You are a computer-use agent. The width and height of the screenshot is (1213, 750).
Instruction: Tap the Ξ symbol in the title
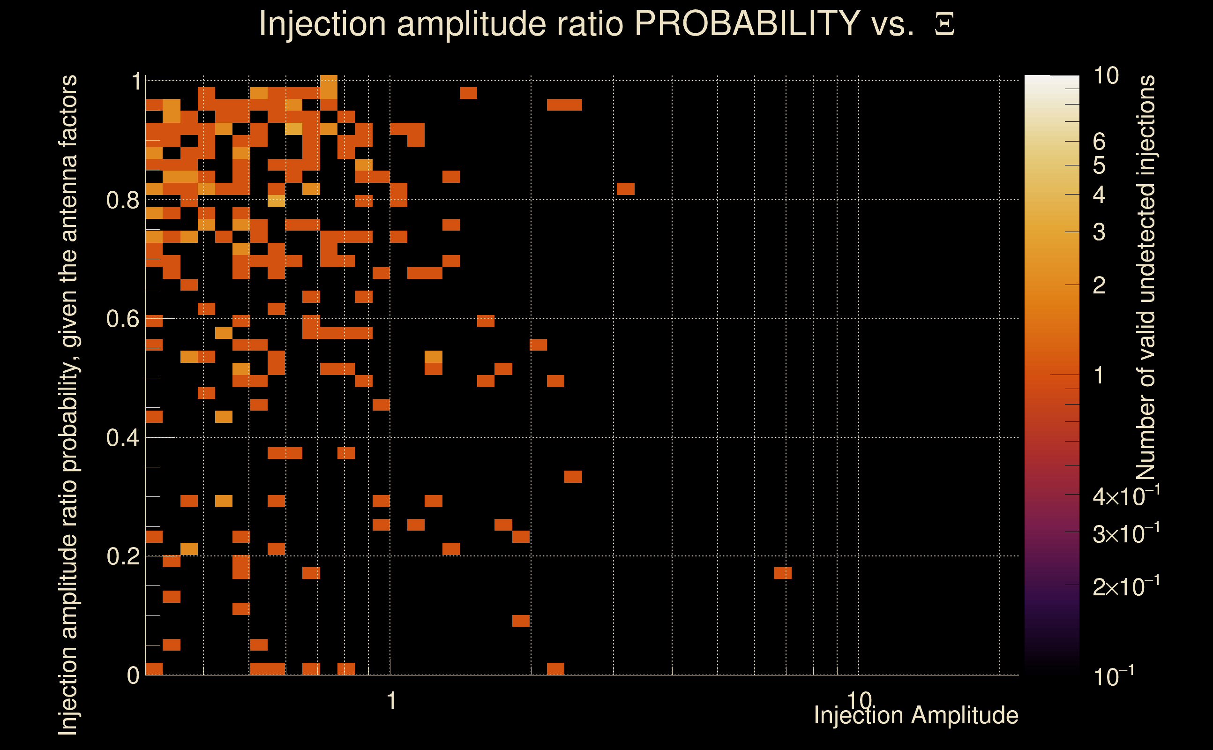[x=944, y=24]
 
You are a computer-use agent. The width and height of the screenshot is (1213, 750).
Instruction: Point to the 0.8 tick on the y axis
[x=122, y=201]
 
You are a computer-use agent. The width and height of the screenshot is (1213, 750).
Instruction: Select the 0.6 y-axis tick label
[x=122, y=319]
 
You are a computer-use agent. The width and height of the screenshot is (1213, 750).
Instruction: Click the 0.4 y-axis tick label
[x=122, y=438]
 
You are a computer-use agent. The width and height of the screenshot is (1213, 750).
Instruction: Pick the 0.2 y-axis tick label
[x=122, y=556]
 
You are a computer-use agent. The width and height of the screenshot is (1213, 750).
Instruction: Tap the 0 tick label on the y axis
[x=133, y=675]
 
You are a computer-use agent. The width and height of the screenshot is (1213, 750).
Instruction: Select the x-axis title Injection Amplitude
[x=916, y=715]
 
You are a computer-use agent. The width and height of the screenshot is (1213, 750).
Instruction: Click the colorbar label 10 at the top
[x=1106, y=76]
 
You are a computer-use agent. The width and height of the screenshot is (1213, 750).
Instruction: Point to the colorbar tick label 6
[x=1099, y=142]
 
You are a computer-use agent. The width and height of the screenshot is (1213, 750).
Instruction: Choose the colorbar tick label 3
[x=1099, y=232]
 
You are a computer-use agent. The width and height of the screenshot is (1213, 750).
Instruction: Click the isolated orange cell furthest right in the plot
[x=783, y=573]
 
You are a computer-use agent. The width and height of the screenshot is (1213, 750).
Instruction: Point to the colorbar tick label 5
[x=1099, y=165]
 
